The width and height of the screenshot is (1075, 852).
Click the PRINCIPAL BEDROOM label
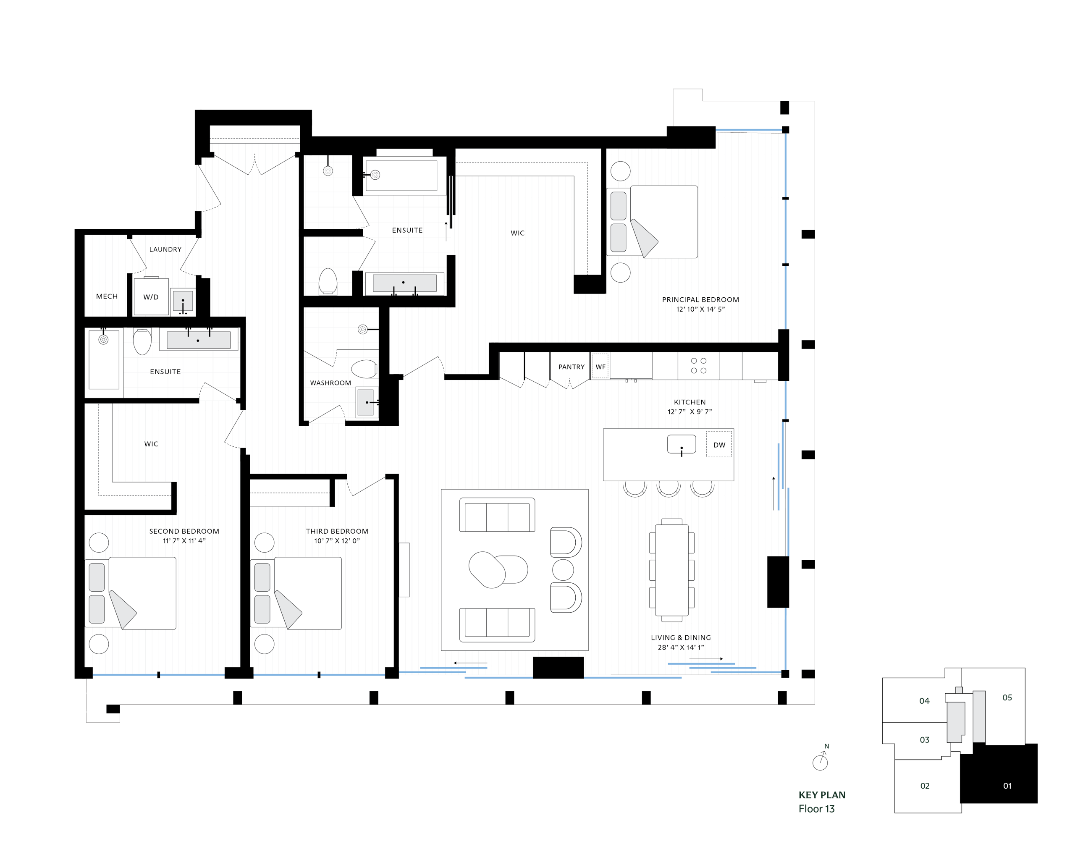[x=700, y=300]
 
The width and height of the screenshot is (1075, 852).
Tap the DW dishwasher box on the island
[x=718, y=445]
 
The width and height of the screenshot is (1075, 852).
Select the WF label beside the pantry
[x=600, y=367]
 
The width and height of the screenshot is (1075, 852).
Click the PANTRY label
[x=571, y=367]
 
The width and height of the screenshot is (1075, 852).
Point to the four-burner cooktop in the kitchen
[x=698, y=365]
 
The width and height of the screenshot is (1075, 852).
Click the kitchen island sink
[x=681, y=444]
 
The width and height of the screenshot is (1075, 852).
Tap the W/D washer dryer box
[x=151, y=296]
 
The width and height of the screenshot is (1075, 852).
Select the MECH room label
[x=107, y=296]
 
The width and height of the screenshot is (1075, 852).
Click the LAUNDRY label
[x=165, y=249]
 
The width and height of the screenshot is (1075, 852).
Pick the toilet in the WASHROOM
[x=364, y=370]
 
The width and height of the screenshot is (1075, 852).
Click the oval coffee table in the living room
[x=498, y=569]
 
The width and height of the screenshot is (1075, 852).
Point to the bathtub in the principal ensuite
[x=401, y=175]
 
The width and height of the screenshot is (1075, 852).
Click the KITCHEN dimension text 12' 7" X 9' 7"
[x=689, y=412]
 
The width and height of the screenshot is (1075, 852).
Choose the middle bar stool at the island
[x=668, y=488]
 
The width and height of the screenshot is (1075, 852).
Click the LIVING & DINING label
[x=681, y=637]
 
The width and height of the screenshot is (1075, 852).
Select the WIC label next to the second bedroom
[x=151, y=444]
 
